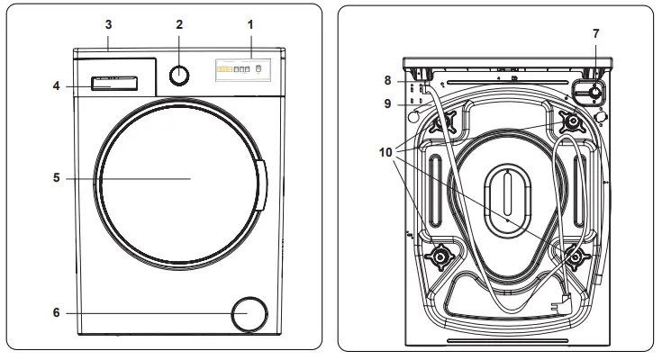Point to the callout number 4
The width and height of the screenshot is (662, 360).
(x=56, y=86)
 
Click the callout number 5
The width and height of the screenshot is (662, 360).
(x=56, y=178)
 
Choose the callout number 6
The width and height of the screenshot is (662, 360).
(x=56, y=314)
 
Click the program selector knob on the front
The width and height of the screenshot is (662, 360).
(x=180, y=75)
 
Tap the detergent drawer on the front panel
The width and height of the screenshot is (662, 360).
(x=113, y=84)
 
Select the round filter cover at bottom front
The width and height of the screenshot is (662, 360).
(x=249, y=314)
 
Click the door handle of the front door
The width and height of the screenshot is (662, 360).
(x=261, y=184)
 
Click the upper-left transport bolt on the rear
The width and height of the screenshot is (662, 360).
(x=447, y=121)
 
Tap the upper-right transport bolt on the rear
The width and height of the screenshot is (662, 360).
(x=571, y=120)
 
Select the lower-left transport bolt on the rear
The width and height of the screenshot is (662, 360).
(x=440, y=258)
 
